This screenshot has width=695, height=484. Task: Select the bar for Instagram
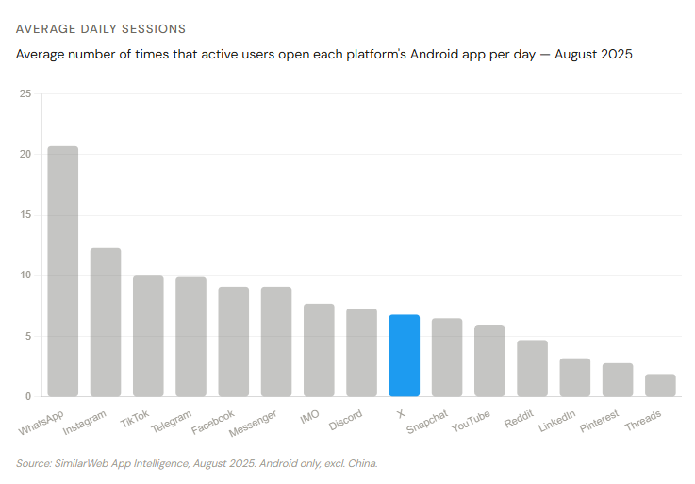(106, 323)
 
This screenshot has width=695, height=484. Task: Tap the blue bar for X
(404, 356)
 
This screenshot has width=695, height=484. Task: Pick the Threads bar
(660, 386)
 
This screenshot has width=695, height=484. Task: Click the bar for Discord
(361, 353)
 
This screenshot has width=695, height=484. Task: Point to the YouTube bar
(489, 361)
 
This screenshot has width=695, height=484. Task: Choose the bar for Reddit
(532, 368)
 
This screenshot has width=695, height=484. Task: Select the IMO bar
(319, 350)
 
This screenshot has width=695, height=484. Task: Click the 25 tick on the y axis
(25, 94)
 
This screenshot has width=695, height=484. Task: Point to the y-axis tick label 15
(25, 215)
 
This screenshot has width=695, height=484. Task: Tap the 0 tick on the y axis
(28, 396)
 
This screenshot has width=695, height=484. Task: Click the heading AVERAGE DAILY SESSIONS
(100, 29)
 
